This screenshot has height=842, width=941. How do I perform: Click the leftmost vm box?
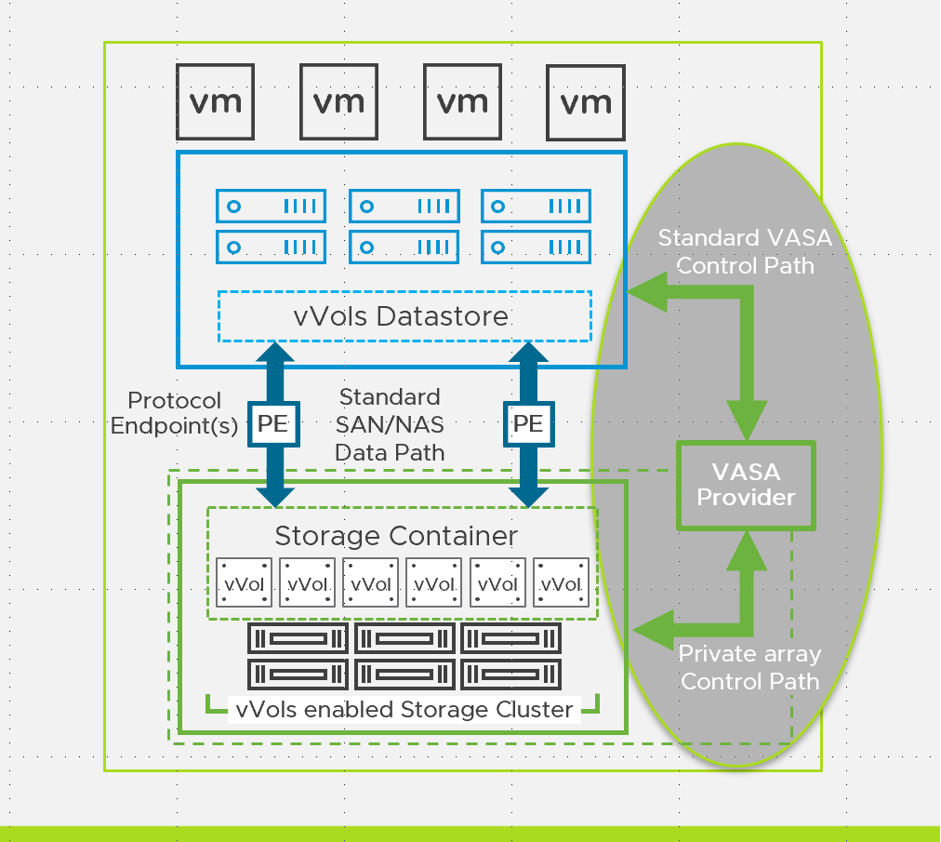tap(216, 101)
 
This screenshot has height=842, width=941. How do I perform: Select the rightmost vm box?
tap(585, 101)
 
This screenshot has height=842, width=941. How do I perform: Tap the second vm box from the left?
tap(338, 101)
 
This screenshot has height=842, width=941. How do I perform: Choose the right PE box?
tap(528, 424)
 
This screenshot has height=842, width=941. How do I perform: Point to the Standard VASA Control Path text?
tap(745, 251)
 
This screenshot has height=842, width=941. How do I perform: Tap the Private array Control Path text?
tap(749, 667)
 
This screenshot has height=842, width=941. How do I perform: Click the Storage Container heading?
tap(396, 537)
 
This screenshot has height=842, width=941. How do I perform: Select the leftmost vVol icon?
tap(244, 583)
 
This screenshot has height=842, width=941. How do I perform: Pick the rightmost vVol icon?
tap(561, 583)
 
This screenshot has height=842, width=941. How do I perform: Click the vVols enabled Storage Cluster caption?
tap(404, 710)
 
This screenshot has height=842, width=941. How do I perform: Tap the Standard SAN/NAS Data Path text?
tap(390, 425)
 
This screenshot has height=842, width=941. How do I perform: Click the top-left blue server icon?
tap(271, 206)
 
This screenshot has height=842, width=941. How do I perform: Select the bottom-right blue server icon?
tap(536, 247)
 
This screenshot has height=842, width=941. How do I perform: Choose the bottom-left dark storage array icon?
tap(298, 672)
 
